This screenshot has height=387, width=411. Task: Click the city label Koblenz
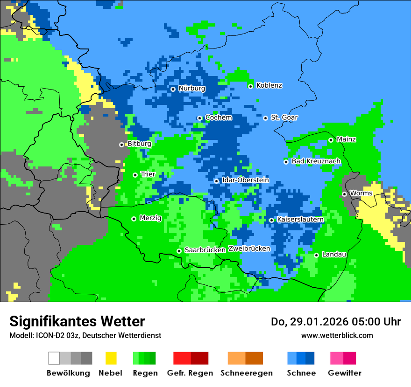(269, 85)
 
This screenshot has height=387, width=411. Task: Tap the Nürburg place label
(191, 88)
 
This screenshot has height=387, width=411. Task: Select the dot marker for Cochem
(199, 118)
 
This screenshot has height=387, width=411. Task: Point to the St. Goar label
(284, 117)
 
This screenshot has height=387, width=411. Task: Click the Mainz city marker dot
(331, 140)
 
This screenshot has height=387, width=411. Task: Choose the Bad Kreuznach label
(316, 161)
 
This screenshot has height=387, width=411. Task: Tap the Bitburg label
(139, 144)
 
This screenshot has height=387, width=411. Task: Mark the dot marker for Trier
(135, 175)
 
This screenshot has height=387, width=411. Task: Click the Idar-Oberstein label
(245, 180)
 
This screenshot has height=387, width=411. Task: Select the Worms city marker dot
(344, 194)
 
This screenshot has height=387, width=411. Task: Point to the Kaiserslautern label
(300, 219)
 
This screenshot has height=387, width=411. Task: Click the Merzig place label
(150, 218)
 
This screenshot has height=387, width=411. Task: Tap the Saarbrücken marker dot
(179, 251)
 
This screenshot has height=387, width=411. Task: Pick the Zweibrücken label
(249, 249)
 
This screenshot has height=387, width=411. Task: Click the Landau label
(334, 254)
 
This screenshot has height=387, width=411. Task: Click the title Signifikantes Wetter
(77, 321)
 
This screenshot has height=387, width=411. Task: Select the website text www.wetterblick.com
(337, 335)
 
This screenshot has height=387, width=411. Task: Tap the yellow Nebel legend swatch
(111, 358)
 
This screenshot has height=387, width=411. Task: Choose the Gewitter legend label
(344, 373)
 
